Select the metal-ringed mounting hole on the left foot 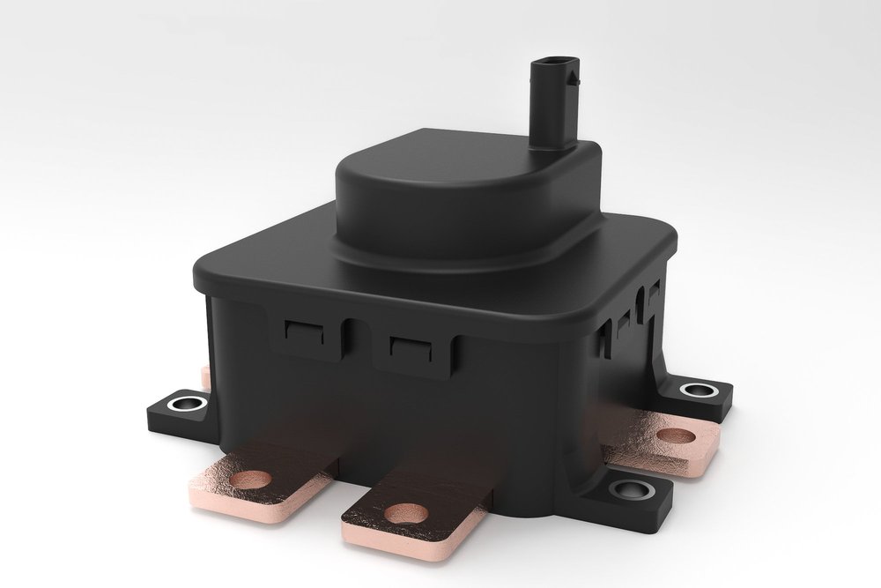(x=187, y=405)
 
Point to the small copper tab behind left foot (x=205, y=377)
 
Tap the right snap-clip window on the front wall (x=410, y=346)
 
